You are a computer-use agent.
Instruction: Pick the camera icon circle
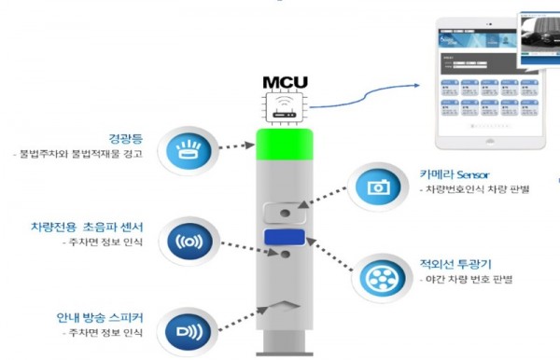pyautogui.click(x=379, y=187)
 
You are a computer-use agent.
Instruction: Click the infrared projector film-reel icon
pyautogui.click(x=379, y=277)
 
